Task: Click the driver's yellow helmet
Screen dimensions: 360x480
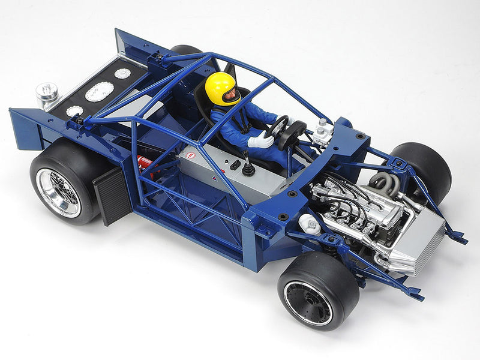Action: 221,87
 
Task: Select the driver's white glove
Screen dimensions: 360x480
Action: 260,141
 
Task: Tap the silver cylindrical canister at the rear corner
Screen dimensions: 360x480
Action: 46,94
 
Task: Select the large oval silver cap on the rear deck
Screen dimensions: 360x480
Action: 99,92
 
